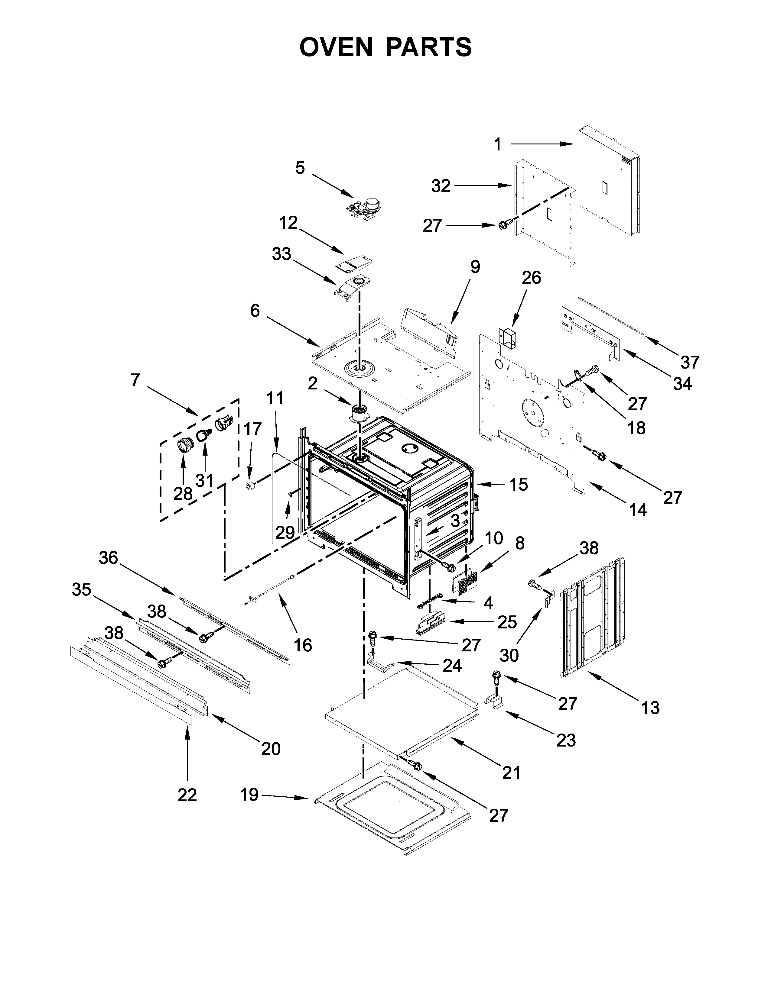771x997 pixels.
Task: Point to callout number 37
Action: (690, 362)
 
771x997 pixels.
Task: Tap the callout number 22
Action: (187, 795)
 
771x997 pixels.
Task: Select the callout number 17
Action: (252, 429)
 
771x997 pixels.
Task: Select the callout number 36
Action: (109, 557)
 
